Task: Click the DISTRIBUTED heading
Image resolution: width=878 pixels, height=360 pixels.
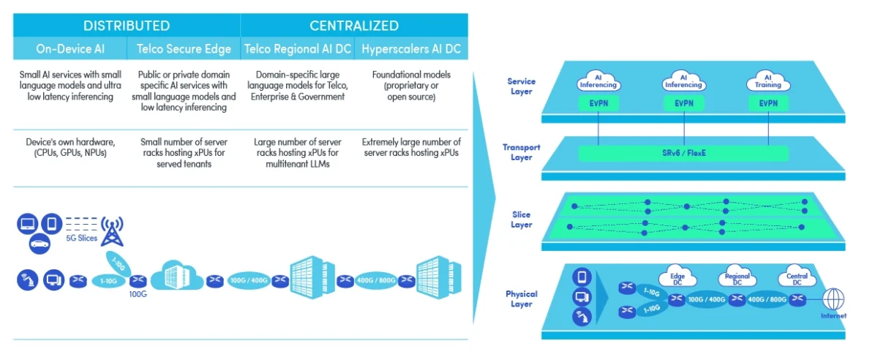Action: click(x=127, y=26)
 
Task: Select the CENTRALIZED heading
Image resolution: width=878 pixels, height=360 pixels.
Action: click(x=354, y=26)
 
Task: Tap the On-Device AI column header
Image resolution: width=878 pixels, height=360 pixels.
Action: click(x=70, y=49)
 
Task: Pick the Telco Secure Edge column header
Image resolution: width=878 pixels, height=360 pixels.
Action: click(x=184, y=49)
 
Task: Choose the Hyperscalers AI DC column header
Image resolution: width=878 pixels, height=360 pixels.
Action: click(x=411, y=49)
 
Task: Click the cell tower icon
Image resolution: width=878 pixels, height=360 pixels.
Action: click(x=112, y=231)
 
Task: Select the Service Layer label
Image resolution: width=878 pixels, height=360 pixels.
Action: click(x=521, y=86)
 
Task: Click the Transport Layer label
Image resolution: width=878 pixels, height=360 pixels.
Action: click(x=521, y=152)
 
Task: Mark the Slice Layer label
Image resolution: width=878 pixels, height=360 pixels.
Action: click(x=521, y=220)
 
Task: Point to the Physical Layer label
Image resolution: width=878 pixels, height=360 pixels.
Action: click(x=521, y=299)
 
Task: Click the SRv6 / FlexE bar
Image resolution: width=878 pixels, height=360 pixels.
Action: click(x=683, y=154)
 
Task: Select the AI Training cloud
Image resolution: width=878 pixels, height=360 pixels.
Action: click(x=768, y=81)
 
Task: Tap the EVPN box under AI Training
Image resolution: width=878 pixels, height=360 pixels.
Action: click(x=768, y=104)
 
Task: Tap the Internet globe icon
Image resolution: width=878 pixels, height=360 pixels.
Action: click(x=834, y=299)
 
